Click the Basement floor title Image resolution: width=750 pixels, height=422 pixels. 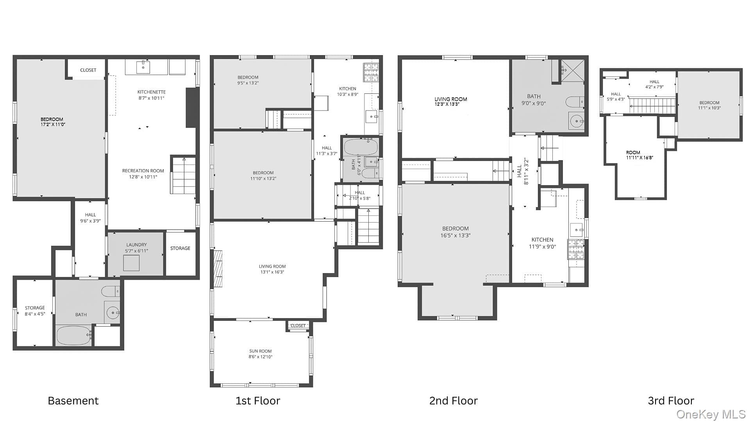[73, 401]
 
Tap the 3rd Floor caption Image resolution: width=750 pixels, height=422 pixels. [671, 401]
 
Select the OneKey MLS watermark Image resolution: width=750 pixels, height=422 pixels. [711, 414]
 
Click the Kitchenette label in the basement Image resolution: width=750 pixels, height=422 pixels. [152, 92]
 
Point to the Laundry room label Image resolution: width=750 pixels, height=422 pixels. [136, 245]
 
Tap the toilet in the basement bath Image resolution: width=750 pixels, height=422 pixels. [111, 291]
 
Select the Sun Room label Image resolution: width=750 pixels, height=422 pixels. [261, 351]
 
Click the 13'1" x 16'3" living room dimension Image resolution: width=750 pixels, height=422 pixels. [272, 272]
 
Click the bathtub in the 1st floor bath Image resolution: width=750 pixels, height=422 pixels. [361, 147]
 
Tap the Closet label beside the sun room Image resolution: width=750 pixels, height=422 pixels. [298, 325]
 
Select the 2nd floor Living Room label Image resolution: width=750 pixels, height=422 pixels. [451, 99]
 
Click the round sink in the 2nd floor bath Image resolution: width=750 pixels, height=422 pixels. [576, 121]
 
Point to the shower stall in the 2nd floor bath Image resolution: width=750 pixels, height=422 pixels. [573, 71]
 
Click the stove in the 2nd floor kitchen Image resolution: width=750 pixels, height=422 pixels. [576, 249]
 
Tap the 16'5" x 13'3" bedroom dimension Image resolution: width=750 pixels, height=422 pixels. [455, 236]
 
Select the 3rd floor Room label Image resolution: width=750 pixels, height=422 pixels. [633, 153]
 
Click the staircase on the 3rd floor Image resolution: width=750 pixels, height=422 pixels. [652, 106]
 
